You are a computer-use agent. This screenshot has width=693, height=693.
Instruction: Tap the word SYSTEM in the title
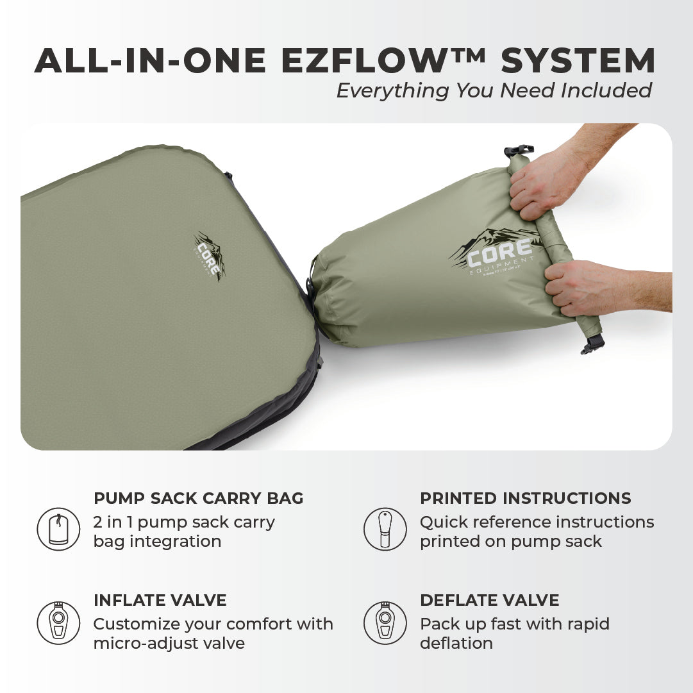point(578,61)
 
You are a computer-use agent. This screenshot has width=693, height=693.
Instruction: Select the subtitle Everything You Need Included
point(494,90)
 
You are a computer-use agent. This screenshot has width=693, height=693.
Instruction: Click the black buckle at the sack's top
point(519,151)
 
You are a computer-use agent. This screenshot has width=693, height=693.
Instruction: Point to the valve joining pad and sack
point(313,301)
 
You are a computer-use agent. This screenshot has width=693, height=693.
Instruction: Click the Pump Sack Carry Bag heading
point(199,498)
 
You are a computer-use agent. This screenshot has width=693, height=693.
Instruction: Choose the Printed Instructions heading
point(525,498)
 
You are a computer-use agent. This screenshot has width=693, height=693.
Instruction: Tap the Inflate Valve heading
point(160,601)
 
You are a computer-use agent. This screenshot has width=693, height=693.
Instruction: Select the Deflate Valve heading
point(489,601)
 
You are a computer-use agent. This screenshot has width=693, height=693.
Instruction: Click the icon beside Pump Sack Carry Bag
point(58,529)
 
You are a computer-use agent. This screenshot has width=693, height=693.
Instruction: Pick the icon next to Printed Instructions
point(385,529)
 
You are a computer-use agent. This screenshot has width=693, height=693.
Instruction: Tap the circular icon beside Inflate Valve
point(58,622)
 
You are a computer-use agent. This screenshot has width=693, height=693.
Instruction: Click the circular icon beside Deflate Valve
point(385,622)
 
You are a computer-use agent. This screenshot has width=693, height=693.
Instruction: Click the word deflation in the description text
point(456,643)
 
